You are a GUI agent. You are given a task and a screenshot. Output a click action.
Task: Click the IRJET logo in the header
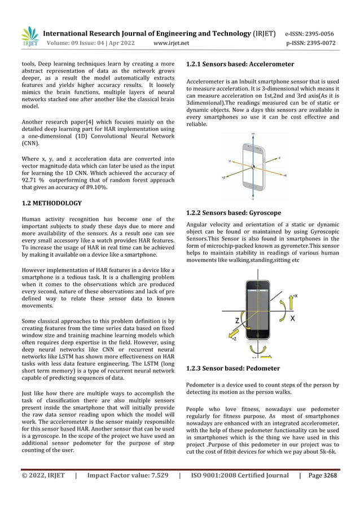coord(29,37)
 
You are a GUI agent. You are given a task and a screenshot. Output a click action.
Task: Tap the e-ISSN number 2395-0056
coord(321,33)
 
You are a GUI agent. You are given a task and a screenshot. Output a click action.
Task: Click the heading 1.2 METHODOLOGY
coord(51,203)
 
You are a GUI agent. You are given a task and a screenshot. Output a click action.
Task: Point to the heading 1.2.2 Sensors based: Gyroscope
coord(234,213)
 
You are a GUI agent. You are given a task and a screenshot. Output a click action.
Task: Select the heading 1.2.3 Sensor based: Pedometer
coord(232,368)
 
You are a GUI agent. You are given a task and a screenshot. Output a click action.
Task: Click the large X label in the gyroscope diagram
coord(293,318)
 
